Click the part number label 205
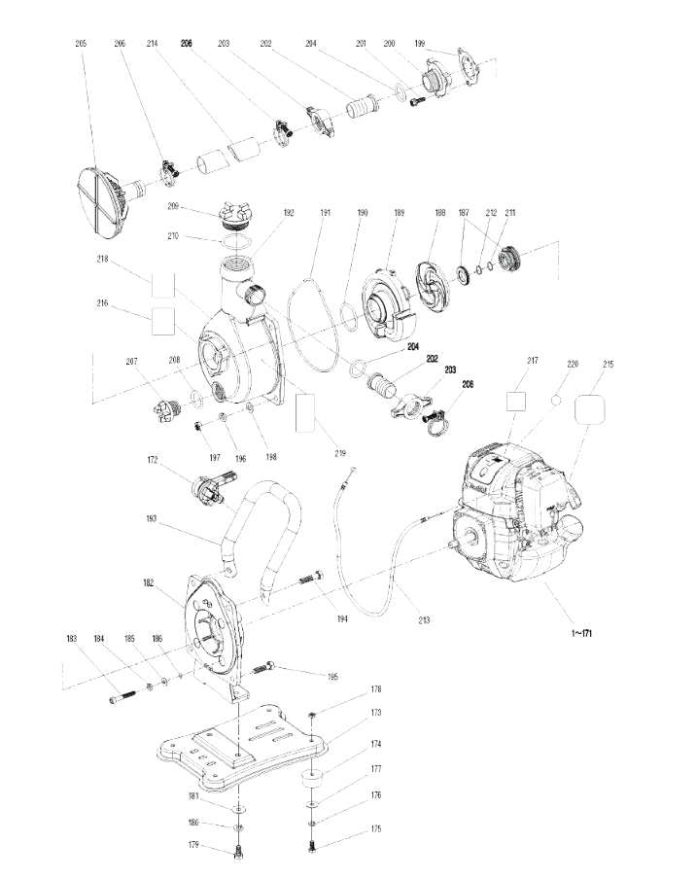point(82,43)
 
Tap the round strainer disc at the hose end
point(101,200)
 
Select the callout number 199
point(420,43)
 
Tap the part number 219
point(340,453)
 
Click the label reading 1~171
point(581,633)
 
